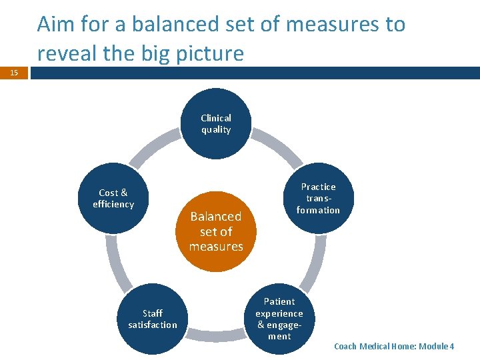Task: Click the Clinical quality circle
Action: [216, 124]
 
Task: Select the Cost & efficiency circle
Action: [113, 199]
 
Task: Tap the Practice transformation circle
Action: [318, 199]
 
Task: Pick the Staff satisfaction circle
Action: [153, 319]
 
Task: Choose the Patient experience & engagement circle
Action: [279, 319]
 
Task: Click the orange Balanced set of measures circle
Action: [216, 231]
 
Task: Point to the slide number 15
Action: [14, 73]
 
